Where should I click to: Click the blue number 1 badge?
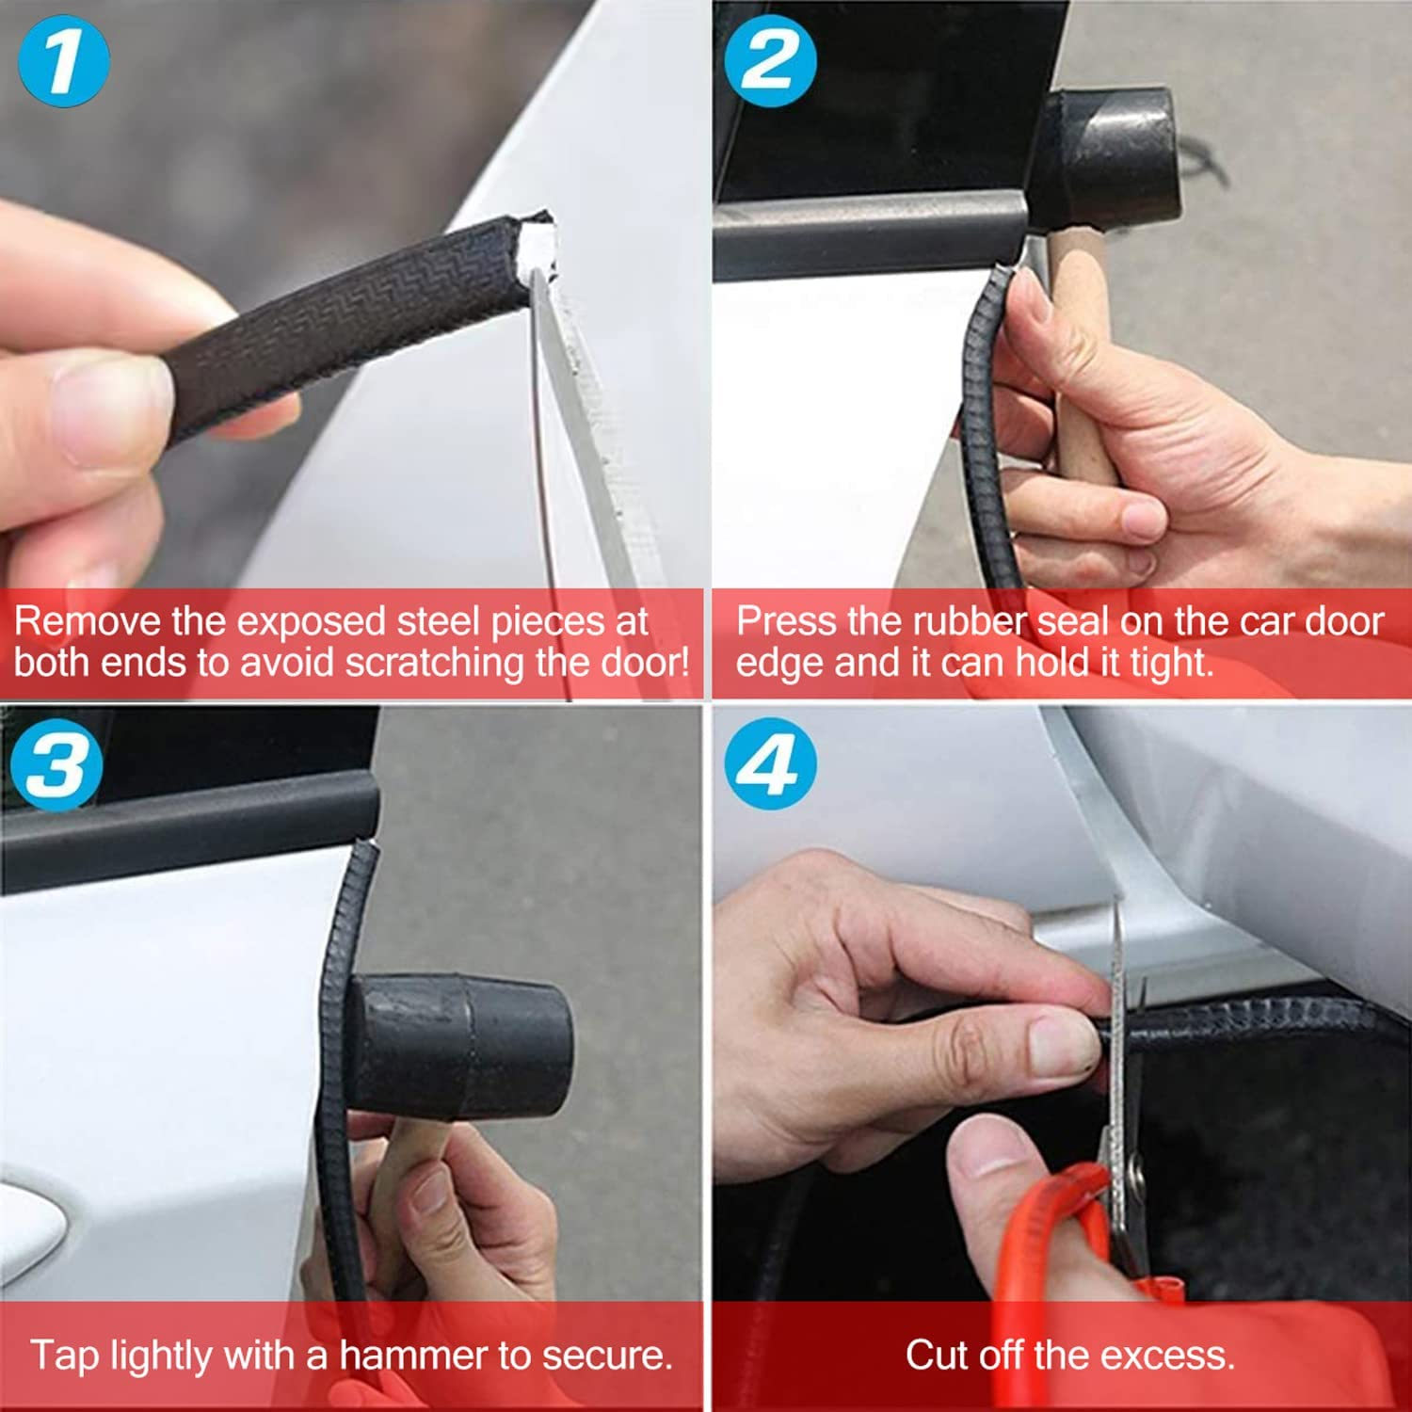[x=63, y=61]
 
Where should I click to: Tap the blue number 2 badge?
[x=770, y=61]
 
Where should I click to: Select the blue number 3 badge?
[x=56, y=763]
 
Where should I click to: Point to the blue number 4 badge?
[x=770, y=763]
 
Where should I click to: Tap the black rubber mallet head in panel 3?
[x=461, y=1045]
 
